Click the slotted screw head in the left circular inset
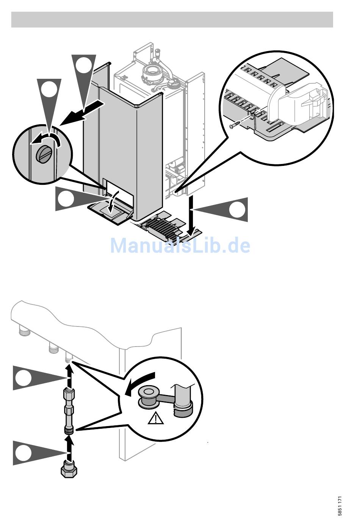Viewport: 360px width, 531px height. (x=42, y=153)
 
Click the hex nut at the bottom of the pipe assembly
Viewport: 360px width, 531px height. (x=68, y=471)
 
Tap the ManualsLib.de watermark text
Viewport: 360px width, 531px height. (x=180, y=246)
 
